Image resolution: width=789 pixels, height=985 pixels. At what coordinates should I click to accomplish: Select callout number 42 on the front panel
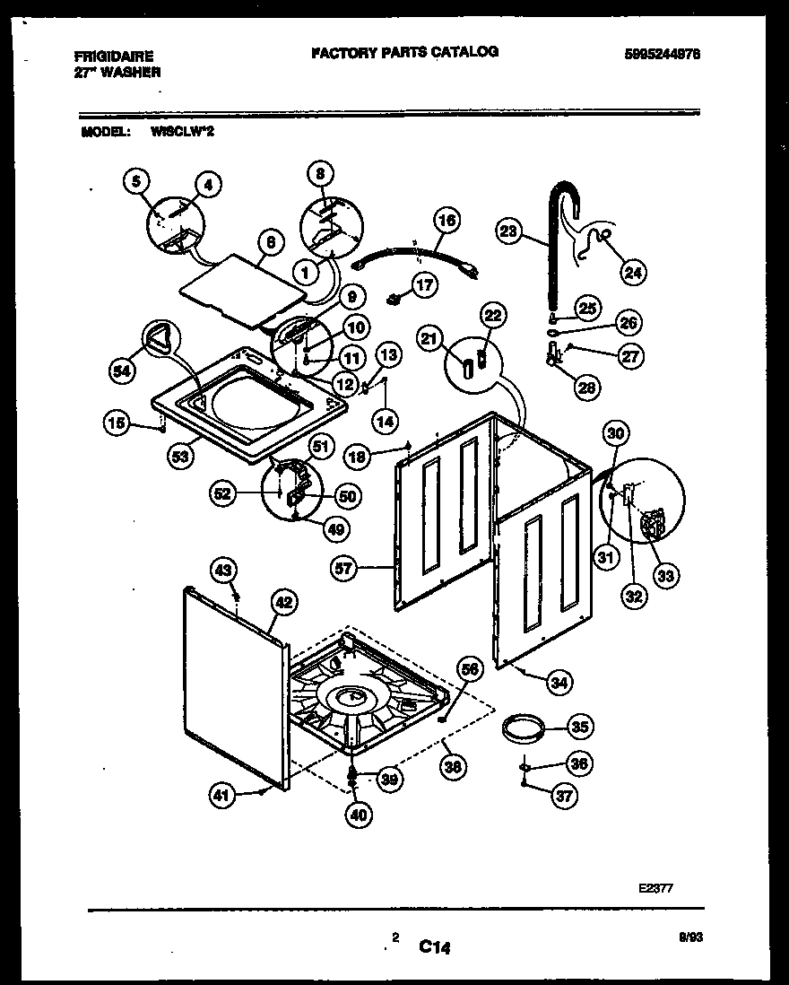click(284, 604)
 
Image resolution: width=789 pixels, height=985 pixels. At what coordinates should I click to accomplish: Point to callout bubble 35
click(581, 727)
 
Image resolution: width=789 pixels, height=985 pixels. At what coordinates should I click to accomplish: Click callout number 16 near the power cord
click(447, 221)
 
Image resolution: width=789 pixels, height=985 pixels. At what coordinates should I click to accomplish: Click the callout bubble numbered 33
click(664, 576)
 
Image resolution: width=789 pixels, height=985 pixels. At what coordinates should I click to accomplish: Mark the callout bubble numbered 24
click(632, 271)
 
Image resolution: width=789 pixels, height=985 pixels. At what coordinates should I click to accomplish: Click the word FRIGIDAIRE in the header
click(114, 56)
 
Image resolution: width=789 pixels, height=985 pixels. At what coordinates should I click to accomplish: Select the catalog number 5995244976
click(663, 54)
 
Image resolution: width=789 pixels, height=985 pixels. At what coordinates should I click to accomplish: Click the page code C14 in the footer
click(434, 944)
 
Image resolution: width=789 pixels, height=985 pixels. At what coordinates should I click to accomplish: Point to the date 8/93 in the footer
click(692, 935)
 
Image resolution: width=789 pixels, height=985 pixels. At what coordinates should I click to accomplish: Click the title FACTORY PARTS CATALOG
click(404, 52)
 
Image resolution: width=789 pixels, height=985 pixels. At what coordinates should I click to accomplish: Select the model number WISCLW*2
click(182, 131)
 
